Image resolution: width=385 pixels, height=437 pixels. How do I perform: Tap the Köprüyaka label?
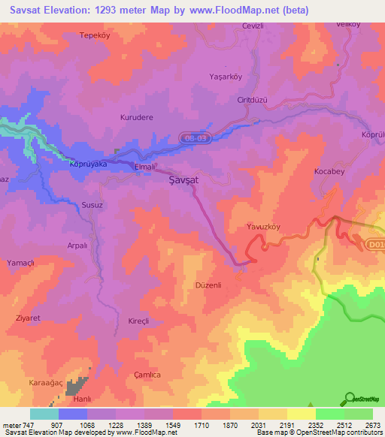click(x=88, y=163)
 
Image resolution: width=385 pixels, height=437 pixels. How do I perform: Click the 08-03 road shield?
click(x=192, y=139)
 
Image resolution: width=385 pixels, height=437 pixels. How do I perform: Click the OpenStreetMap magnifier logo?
click(x=349, y=398)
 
